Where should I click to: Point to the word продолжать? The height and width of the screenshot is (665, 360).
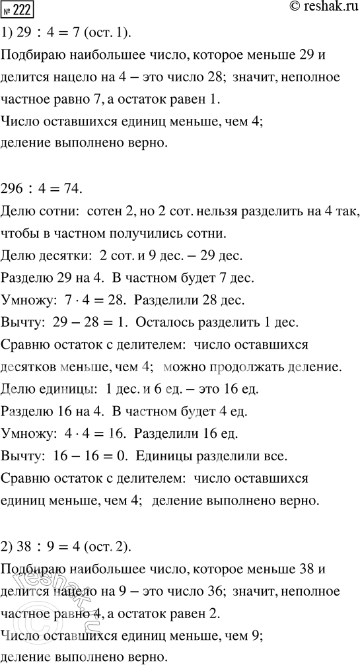tap(273, 367)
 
